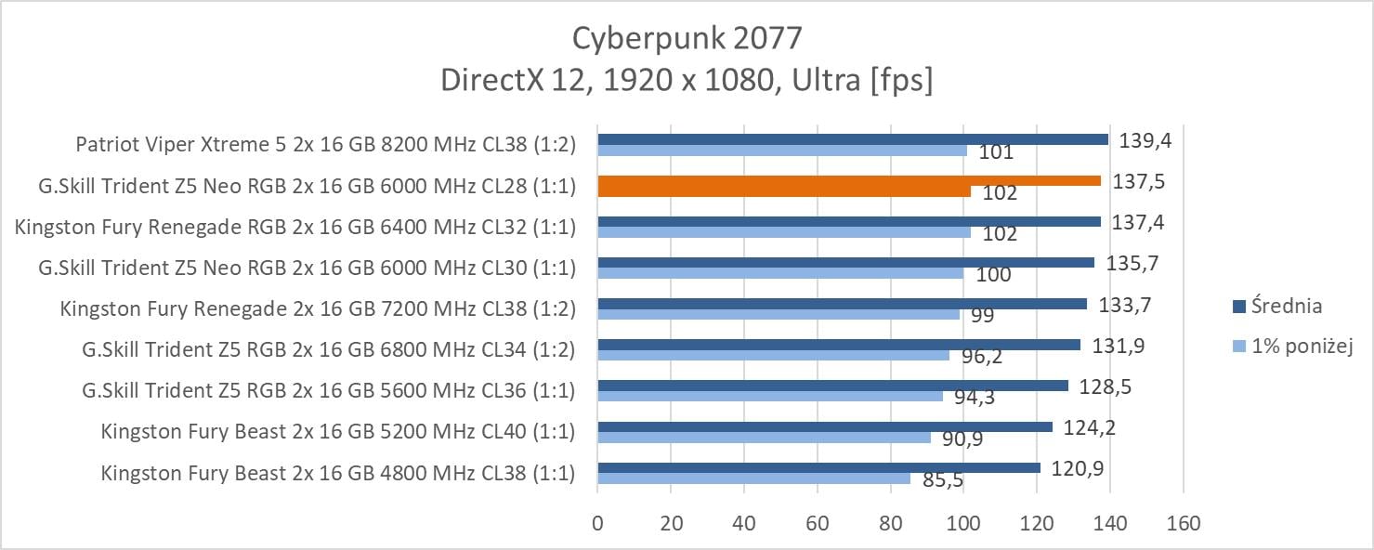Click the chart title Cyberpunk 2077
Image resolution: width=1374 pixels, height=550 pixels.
687,39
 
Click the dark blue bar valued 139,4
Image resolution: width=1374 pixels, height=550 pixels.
852,139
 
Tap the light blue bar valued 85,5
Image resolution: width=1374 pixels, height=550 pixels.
753,478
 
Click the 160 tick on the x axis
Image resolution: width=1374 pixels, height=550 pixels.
1182,523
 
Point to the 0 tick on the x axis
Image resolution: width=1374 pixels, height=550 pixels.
597,523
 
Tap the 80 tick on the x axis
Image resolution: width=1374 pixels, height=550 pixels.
890,523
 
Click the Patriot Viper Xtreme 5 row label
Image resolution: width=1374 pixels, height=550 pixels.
325,145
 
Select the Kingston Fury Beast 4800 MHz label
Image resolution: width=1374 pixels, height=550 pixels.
337,473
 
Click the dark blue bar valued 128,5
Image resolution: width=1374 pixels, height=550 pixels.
832,386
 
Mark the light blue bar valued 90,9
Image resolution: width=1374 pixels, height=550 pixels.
764,438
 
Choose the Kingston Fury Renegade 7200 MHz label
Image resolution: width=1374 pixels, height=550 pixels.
318,308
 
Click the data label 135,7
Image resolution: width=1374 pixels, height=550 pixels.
1132,262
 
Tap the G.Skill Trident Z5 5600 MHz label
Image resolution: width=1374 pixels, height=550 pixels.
328,390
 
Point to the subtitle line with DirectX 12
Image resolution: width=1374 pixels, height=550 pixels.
687,81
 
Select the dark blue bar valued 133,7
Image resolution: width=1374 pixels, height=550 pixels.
842,304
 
